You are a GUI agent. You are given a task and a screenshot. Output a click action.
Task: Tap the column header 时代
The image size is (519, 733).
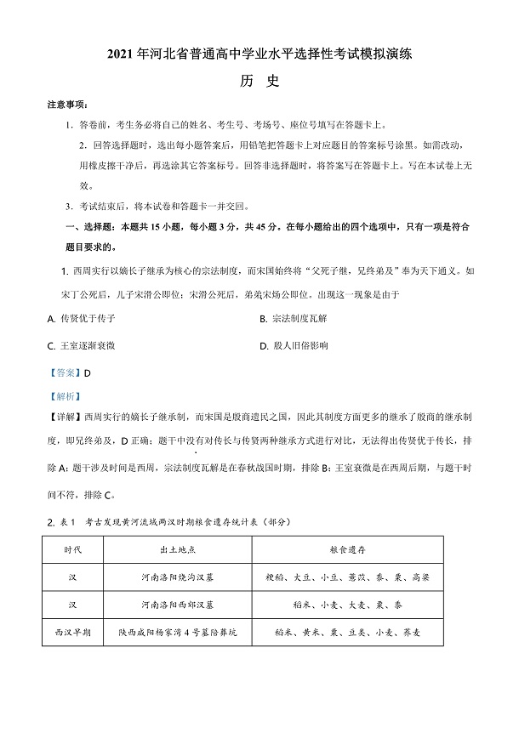pos(74,550)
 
